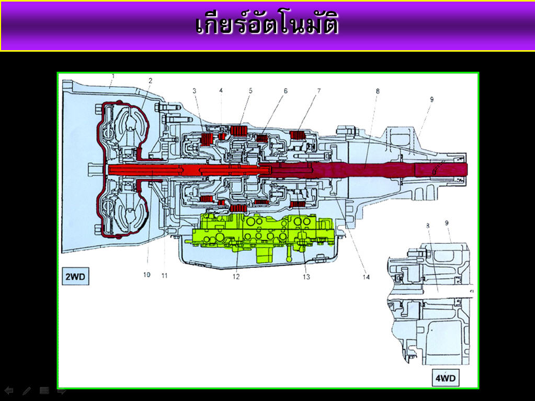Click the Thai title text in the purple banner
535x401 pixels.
tap(267, 25)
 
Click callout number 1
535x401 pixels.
tap(112, 76)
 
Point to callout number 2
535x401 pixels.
tap(150, 80)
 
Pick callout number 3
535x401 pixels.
tap(194, 91)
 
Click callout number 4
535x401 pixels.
tap(221, 91)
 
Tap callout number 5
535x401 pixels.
tap(251, 91)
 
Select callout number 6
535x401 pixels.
tap(286, 91)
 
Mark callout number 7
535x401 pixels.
tap(318, 91)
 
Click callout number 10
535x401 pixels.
tap(147, 275)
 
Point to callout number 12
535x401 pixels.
tap(236, 277)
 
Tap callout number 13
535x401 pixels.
tap(306, 277)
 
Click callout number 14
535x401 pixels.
tap(366, 277)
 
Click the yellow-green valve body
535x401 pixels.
tap(261, 232)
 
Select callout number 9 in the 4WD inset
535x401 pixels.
tap(447, 223)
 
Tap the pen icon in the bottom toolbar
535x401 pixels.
tap(27, 391)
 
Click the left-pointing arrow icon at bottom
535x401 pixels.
tap(9, 391)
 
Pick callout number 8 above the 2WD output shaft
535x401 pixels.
tap(378, 91)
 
